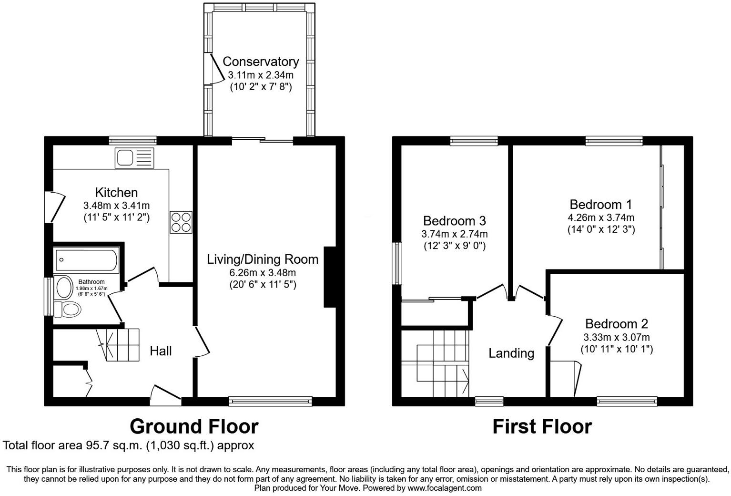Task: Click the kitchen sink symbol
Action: [x=134, y=157]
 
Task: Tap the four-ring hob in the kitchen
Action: [x=181, y=222]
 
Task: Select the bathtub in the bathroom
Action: [x=86, y=260]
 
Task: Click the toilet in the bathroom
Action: [x=67, y=309]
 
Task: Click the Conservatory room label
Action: [x=260, y=62]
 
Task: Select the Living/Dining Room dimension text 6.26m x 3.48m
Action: [x=263, y=273]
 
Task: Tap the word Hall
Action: [x=161, y=351]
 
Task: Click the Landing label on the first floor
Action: [x=511, y=353]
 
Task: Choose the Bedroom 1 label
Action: [x=600, y=205]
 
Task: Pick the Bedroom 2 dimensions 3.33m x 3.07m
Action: [x=616, y=337]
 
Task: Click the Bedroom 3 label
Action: [x=454, y=221]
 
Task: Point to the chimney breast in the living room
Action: [x=330, y=277]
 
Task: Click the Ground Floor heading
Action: [x=194, y=426]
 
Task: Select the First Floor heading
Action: [x=542, y=426]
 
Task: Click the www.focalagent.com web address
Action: [x=445, y=488]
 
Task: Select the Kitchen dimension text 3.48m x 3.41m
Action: [x=116, y=206]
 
